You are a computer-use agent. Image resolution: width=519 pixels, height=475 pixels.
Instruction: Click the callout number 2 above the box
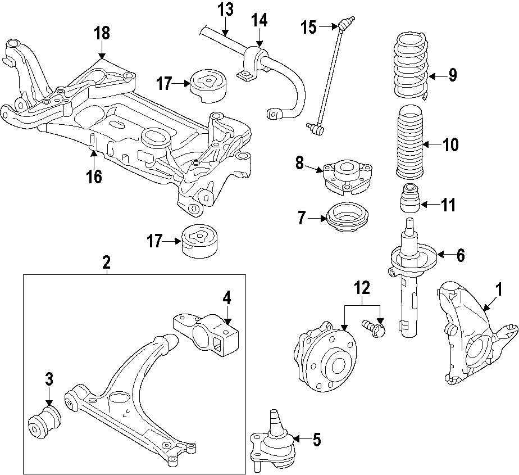[106, 261]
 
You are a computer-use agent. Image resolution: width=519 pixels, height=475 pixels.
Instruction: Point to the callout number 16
[94, 176]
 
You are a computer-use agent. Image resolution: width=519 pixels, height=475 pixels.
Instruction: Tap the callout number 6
[460, 255]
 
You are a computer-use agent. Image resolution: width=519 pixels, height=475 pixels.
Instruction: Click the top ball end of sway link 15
[344, 25]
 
